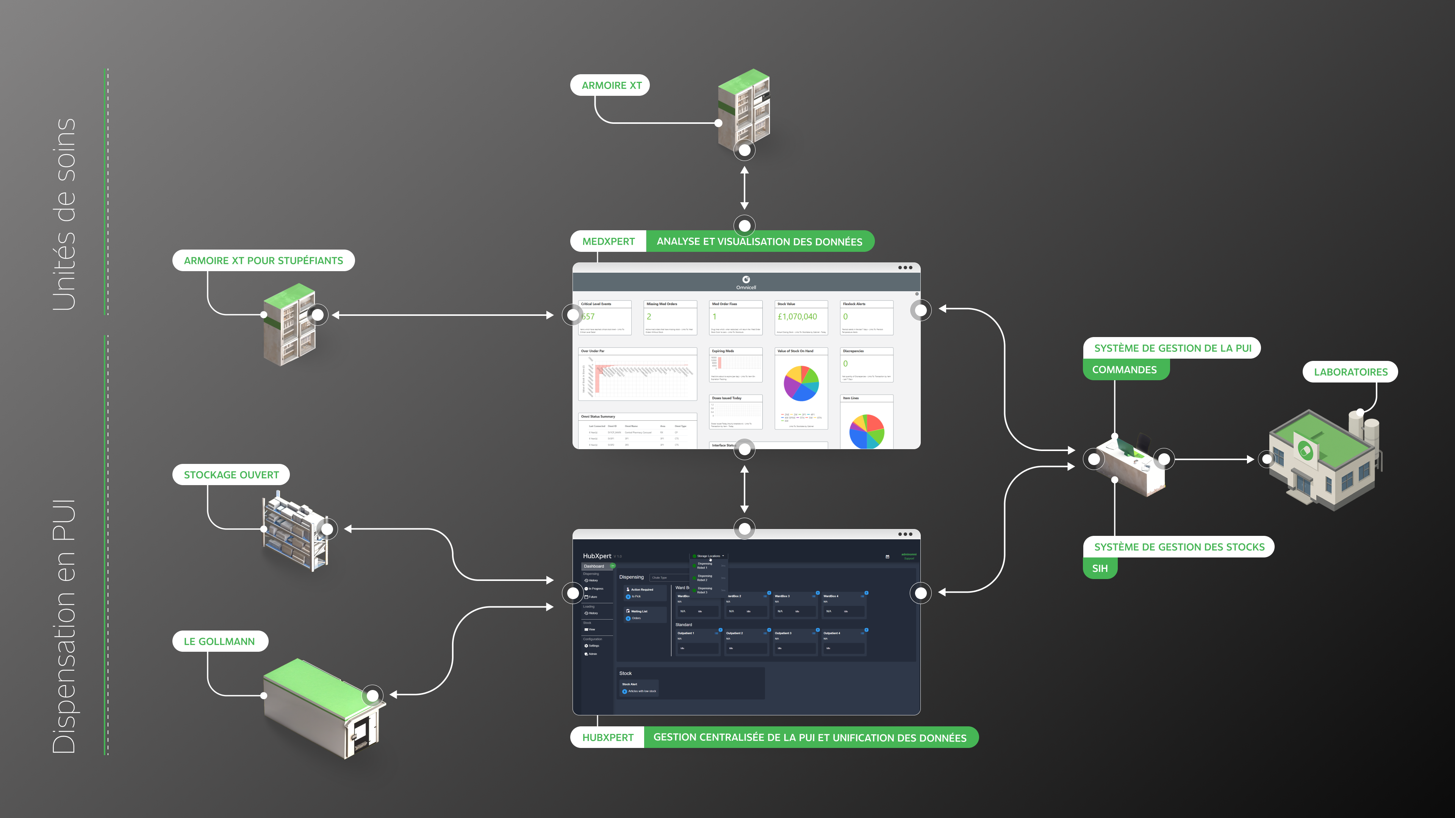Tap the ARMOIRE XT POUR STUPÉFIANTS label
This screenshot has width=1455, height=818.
(263, 260)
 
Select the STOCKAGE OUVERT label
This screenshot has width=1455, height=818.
(231, 475)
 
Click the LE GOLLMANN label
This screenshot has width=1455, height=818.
(219, 641)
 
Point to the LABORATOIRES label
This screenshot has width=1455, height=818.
(1350, 372)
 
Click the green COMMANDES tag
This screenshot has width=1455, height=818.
(1124, 370)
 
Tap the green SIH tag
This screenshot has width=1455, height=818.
(1099, 568)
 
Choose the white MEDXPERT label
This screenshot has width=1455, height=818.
(608, 242)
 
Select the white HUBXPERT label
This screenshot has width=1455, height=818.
(608, 737)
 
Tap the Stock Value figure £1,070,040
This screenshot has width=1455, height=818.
(797, 317)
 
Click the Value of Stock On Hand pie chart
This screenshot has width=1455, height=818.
(801, 383)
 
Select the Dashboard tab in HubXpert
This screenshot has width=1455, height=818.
(594, 566)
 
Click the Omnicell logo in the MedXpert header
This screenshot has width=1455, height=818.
(746, 280)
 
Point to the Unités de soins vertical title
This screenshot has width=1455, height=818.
(64, 214)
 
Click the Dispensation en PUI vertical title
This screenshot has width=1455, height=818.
(64, 627)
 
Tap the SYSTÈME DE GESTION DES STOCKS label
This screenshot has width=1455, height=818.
(1179, 547)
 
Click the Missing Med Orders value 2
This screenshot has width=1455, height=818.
(649, 317)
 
